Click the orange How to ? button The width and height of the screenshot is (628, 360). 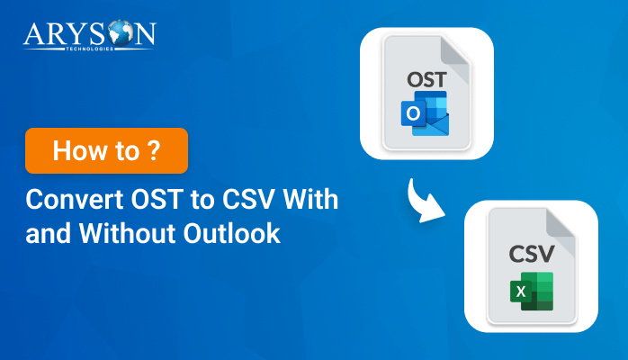tap(107, 150)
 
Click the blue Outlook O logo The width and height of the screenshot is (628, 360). tap(413, 114)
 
